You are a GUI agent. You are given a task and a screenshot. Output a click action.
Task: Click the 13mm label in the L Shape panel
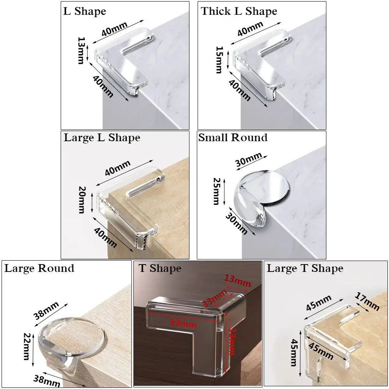click(81, 51)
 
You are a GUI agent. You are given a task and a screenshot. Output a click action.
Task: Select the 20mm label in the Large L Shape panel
click(81, 200)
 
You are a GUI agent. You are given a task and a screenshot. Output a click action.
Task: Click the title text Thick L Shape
click(239, 11)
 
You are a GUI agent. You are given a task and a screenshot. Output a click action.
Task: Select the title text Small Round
click(233, 138)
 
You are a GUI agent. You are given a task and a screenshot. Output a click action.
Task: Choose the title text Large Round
click(39, 268)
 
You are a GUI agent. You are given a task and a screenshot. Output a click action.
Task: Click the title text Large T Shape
click(305, 268)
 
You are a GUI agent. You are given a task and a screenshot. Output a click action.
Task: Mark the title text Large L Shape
click(102, 138)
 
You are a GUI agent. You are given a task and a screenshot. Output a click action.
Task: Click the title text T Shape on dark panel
click(159, 268)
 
